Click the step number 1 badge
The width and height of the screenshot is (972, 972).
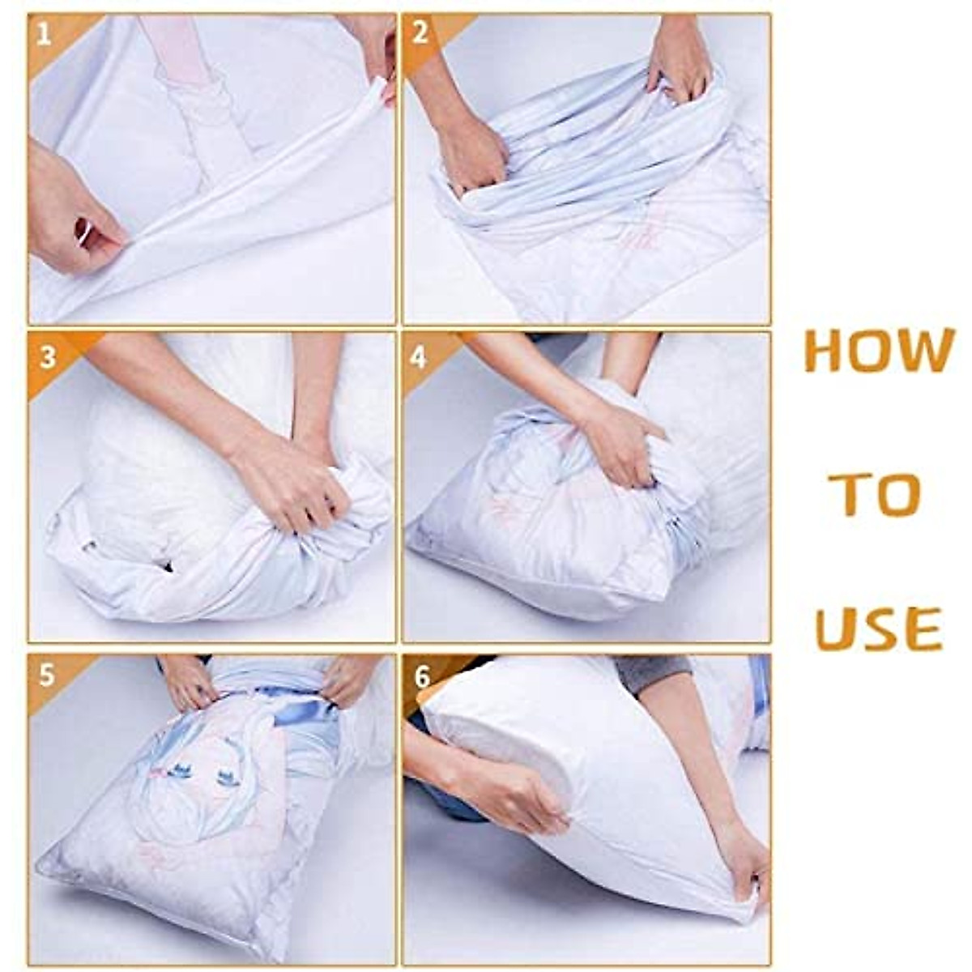tap(44, 34)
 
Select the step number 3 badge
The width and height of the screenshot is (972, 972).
tap(46, 356)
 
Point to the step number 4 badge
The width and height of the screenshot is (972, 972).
tap(419, 356)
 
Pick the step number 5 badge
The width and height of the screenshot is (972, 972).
tap(46, 676)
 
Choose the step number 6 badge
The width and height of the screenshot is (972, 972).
tap(421, 677)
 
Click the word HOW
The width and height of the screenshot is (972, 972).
tap(879, 351)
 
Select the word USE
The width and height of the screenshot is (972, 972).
tap(879, 628)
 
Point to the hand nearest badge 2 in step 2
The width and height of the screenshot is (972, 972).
tap(470, 154)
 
